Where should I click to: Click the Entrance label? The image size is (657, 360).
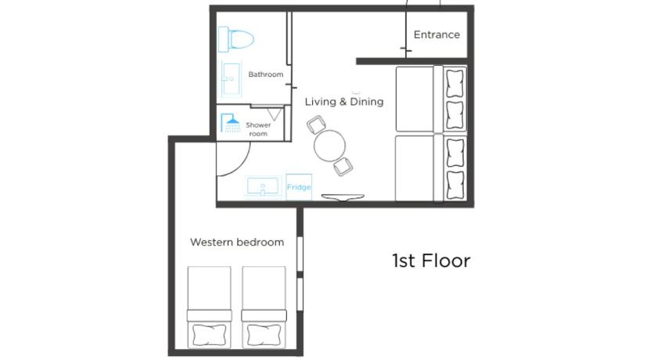click(x=436, y=34)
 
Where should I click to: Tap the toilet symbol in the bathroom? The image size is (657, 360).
click(x=236, y=39)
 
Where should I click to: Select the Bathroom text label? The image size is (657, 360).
click(x=266, y=74)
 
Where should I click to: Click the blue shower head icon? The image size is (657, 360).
click(x=230, y=123)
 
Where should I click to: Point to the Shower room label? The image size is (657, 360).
click(x=258, y=129)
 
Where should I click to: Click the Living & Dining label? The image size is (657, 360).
click(x=344, y=102)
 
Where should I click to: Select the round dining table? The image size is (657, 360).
click(x=330, y=146)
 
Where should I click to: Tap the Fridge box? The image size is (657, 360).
click(x=299, y=187)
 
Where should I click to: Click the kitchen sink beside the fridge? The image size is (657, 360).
click(x=263, y=187)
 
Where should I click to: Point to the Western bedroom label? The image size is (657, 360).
click(x=237, y=243)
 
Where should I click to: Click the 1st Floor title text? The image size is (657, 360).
click(x=431, y=261)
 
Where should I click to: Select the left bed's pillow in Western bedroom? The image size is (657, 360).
click(x=209, y=335)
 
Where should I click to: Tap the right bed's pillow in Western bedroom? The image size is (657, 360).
click(x=264, y=335)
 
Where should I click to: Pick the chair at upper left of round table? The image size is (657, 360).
click(x=316, y=124)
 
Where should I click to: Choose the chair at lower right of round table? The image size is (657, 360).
click(x=343, y=167)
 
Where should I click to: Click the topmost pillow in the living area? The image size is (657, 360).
click(x=455, y=84)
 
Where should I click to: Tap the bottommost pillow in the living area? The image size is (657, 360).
click(x=455, y=185)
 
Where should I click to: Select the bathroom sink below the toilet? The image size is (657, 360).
click(x=231, y=79)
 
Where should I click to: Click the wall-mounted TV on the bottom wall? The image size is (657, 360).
click(x=343, y=197)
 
